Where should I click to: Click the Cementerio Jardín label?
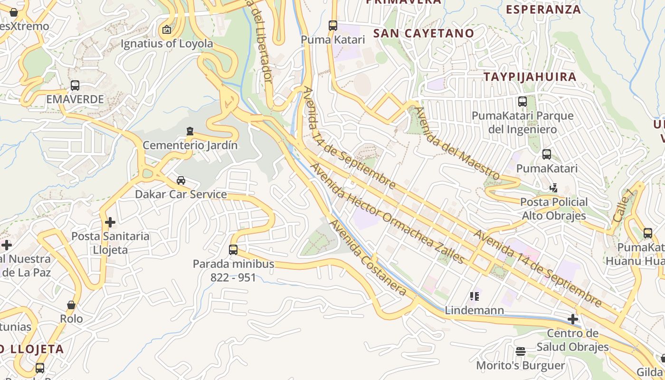190,145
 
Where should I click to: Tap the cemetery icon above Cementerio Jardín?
190,131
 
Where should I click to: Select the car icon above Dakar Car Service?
181,180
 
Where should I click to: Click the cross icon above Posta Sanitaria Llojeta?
110,222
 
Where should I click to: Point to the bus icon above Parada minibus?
233,249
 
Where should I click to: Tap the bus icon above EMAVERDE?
75,85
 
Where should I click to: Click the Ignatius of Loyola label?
167,44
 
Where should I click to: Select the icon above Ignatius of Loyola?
167,29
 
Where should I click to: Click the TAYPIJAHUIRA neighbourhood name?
530,76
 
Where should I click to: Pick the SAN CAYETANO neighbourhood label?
424,33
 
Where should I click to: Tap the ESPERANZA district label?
543,9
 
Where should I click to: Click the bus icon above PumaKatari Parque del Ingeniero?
522,101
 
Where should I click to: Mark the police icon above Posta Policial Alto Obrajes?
553,188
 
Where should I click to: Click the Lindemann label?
474,311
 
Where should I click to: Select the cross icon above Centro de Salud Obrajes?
573,319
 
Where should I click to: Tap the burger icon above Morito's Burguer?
521,351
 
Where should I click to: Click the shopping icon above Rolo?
71,304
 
